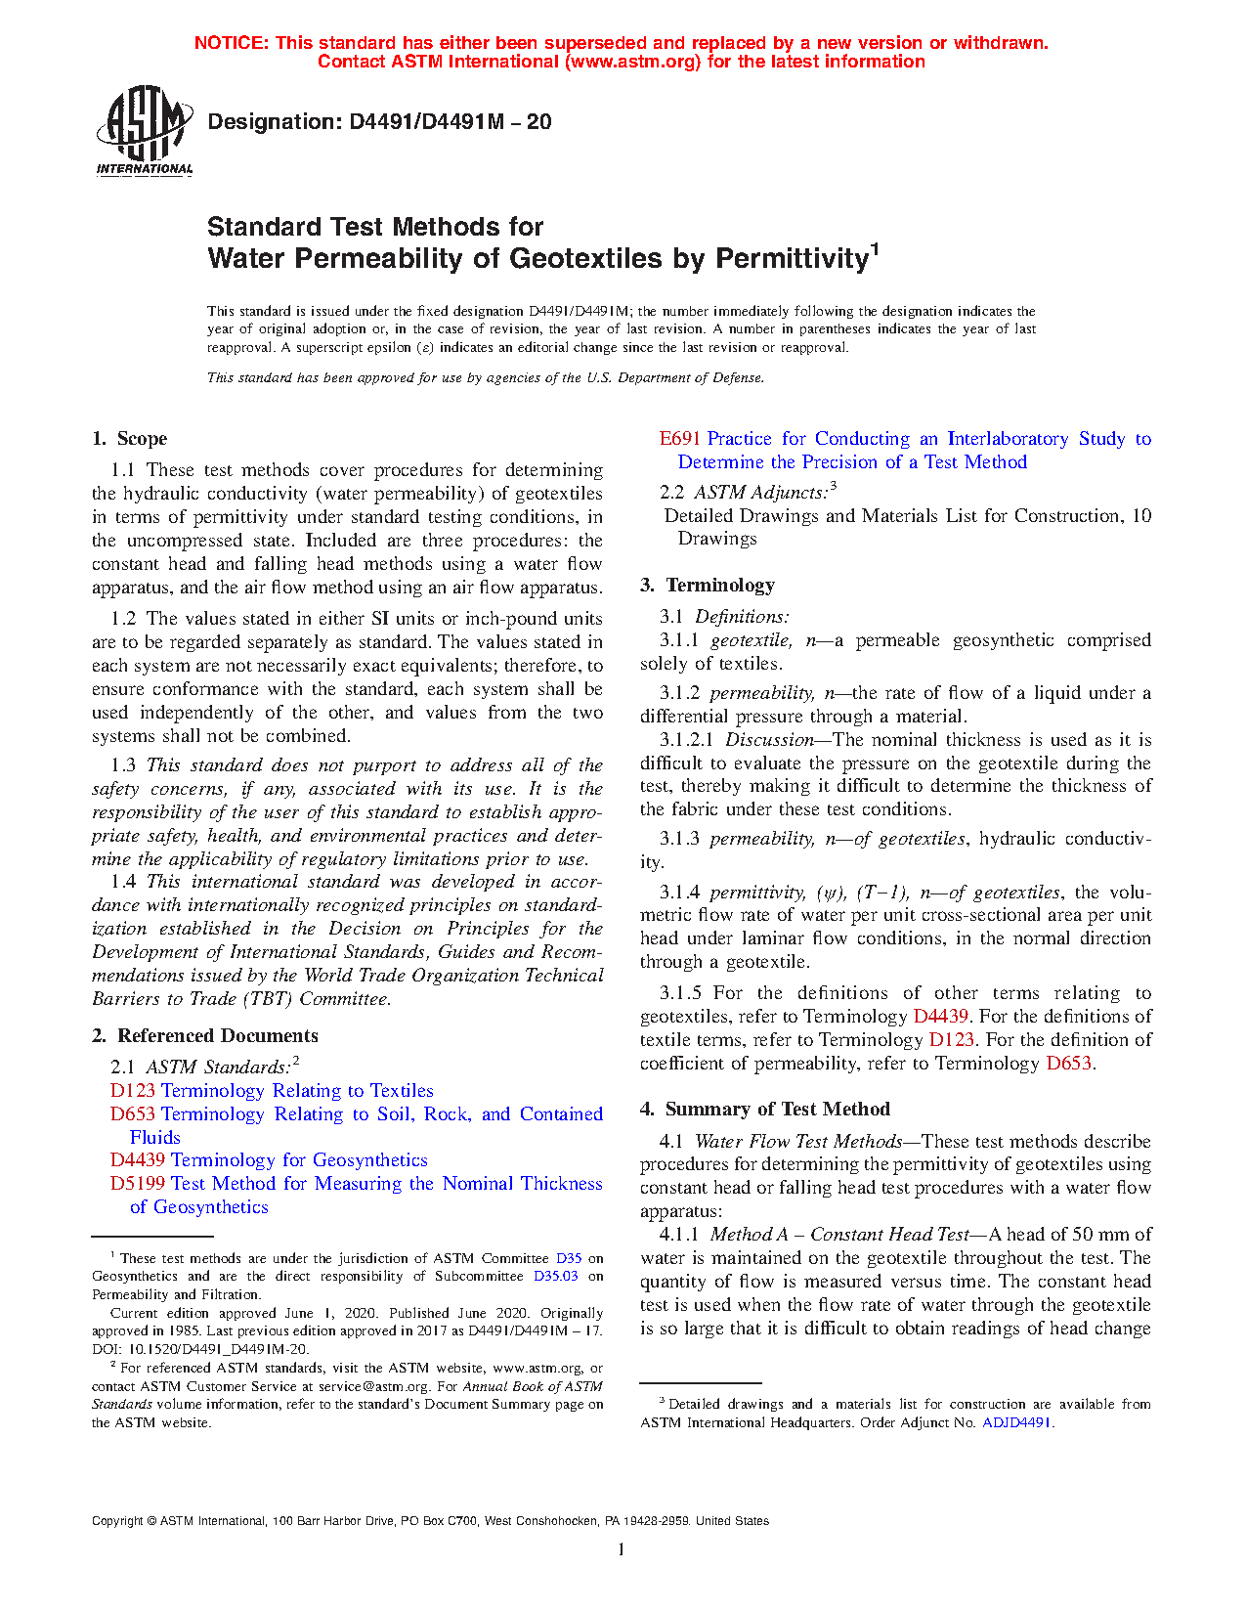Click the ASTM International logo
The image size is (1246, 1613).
(144, 130)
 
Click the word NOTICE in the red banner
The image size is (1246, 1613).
(230, 43)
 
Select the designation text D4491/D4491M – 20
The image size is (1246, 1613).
(379, 122)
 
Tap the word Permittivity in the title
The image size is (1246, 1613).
(792, 259)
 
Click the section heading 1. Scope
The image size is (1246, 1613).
(129, 439)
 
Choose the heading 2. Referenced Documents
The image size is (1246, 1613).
(205, 1036)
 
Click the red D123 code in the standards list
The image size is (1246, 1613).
(132, 1091)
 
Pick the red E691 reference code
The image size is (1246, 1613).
(680, 439)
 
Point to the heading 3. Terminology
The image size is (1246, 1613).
(708, 586)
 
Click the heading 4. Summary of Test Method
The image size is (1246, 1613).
(765, 1110)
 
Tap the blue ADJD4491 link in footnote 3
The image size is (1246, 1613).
(1016, 1423)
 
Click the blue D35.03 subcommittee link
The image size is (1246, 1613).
(555, 1277)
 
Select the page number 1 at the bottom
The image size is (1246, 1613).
(621, 1549)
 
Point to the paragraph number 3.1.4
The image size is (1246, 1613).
(679, 893)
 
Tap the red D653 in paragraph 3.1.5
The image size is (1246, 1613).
(1068, 1064)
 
